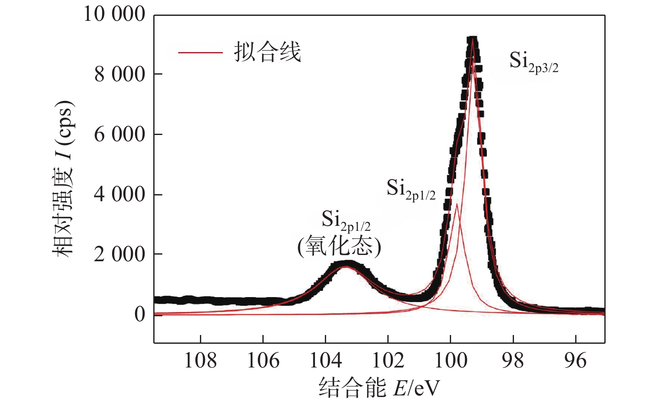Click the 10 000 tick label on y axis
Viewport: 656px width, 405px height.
point(115,14)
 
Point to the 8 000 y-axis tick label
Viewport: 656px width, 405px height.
point(120,75)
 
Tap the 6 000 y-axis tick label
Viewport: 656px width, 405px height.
point(120,135)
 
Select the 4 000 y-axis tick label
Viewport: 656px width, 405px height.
point(120,195)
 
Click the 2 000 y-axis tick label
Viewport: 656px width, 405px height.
point(120,254)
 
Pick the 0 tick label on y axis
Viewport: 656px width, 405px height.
point(140,314)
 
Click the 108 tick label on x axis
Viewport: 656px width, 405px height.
point(200,360)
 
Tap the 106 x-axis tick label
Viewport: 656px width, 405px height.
point(263,360)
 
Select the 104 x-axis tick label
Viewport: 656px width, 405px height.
point(326,360)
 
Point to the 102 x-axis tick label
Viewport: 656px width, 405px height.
point(388,360)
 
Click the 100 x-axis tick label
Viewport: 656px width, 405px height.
point(451,360)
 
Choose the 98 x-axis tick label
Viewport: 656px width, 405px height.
point(513,360)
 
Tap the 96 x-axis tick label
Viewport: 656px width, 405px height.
point(576,360)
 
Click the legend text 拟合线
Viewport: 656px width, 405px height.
point(267,52)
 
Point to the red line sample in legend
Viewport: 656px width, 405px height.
point(200,53)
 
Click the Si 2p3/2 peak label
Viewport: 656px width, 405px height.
point(534,62)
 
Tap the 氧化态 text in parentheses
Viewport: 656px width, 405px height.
point(339,247)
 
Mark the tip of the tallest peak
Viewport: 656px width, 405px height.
point(472,38)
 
